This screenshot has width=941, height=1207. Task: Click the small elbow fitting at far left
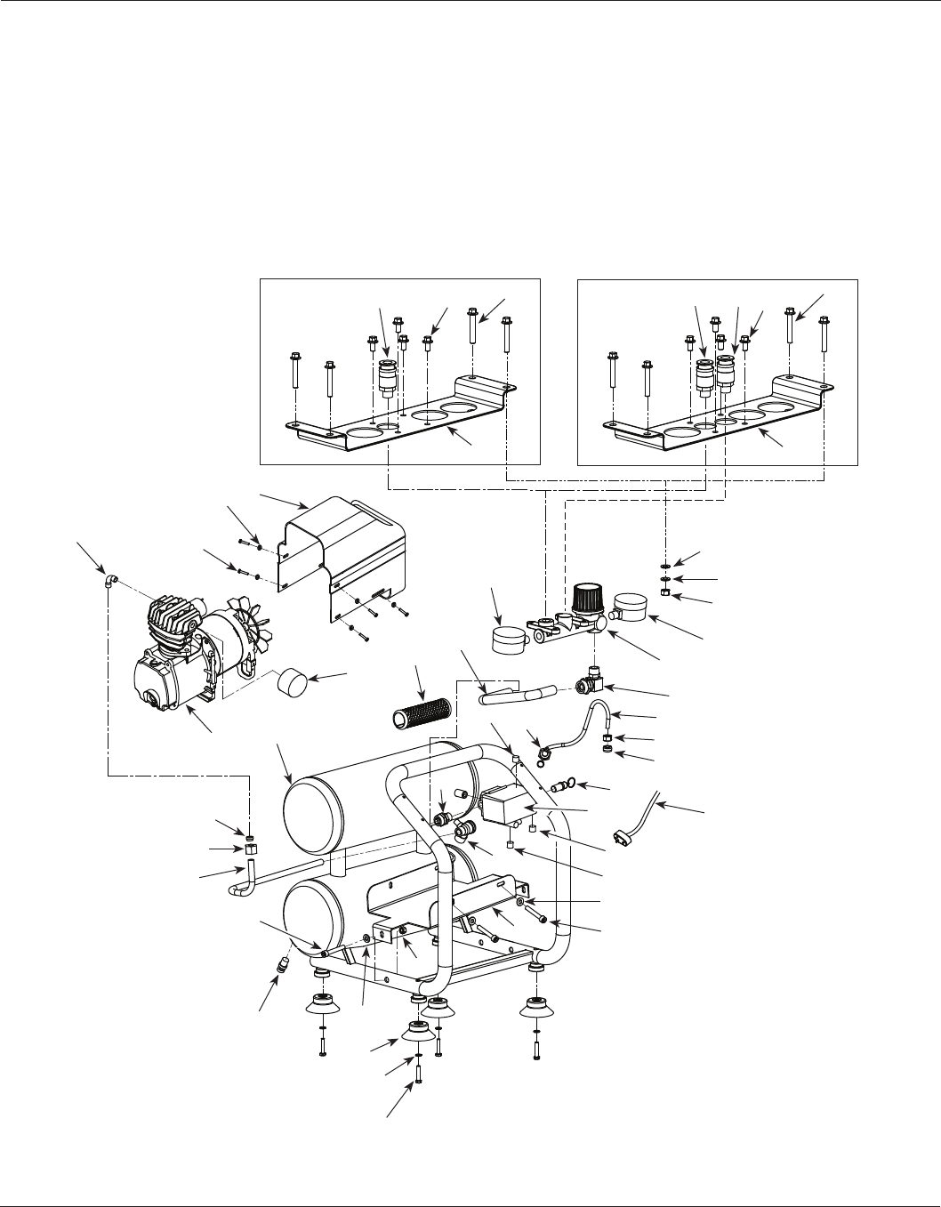point(108,581)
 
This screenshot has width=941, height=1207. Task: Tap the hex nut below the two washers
point(666,593)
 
